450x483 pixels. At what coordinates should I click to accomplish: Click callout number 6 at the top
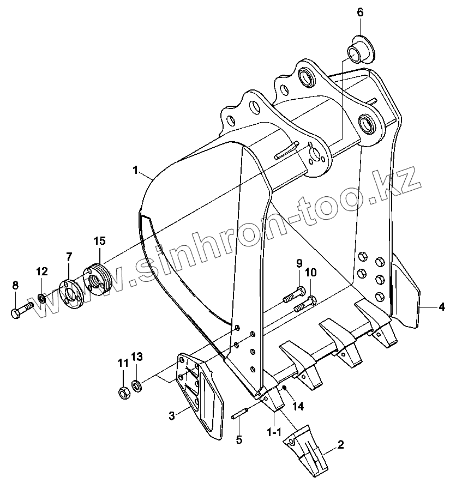click(x=360, y=12)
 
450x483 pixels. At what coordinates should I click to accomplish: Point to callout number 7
click(x=69, y=256)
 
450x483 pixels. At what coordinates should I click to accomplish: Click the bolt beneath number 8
click(x=20, y=312)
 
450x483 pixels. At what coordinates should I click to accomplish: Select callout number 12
click(x=43, y=271)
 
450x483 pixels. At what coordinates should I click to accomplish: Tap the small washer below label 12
click(x=42, y=299)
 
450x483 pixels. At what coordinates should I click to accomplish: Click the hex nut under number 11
click(x=123, y=391)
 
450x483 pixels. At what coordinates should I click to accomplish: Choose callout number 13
click(x=136, y=357)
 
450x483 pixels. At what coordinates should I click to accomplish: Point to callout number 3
click(x=171, y=416)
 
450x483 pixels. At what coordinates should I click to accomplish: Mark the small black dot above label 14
click(x=285, y=388)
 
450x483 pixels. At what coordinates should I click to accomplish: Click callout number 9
click(x=299, y=264)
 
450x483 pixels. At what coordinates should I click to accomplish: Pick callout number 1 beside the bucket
click(x=135, y=170)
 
